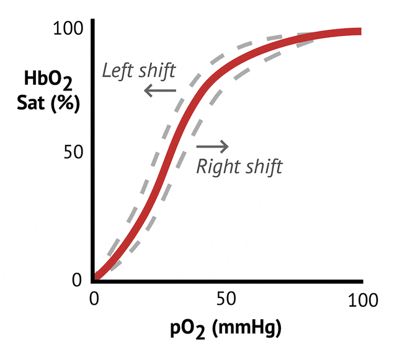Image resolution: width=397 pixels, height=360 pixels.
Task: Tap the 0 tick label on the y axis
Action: click(x=76, y=280)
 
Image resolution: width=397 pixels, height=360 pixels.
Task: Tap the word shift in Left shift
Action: click(x=156, y=71)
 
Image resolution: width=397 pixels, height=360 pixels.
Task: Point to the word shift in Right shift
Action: click(x=263, y=167)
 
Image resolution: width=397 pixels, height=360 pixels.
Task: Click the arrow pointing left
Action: click(x=159, y=91)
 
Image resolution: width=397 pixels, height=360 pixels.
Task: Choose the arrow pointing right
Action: click(x=212, y=147)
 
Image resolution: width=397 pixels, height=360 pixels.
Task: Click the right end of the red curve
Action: click(x=358, y=32)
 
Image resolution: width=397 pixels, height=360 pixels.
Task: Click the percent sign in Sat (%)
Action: click(x=63, y=103)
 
